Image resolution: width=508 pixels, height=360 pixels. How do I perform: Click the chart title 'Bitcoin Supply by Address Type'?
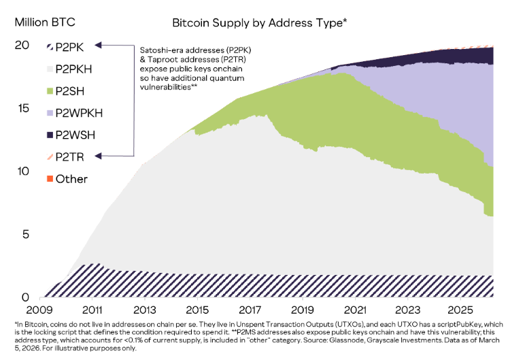pyautogui.click(x=259, y=22)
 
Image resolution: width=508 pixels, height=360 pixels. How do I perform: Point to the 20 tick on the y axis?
pyautogui.click(x=22, y=45)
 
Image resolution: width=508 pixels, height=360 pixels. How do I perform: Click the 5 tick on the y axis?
pyautogui.click(x=25, y=235)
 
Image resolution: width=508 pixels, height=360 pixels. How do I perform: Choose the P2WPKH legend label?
pyautogui.click(x=79, y=112)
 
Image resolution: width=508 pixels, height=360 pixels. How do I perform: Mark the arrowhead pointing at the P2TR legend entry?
pyautogui.click(x=99, y=157)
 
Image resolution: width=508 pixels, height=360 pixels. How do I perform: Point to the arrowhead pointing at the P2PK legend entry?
pyautogui.click(x=99, y=46)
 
